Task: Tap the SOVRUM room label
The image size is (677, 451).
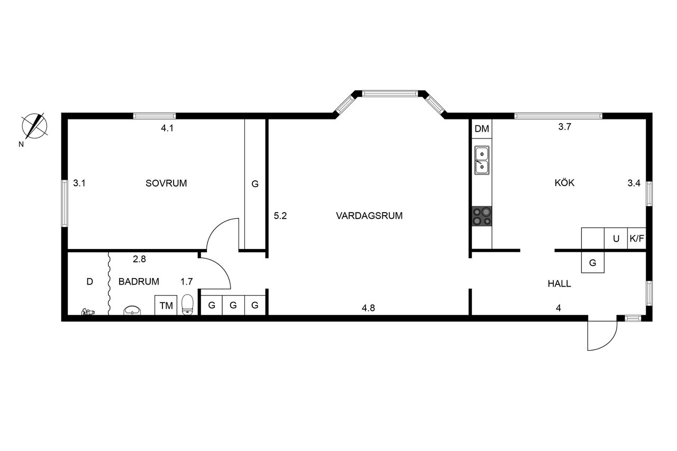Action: click(166, 183)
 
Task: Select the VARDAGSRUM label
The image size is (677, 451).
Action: click(369, 216)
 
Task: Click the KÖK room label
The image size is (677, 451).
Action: click(564, 183)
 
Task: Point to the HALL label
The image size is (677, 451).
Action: click(559, 284)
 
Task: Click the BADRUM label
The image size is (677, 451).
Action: click(139, 282)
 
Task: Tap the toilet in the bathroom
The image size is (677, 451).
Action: click(187, 305)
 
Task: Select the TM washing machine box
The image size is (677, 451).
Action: click(166, 305)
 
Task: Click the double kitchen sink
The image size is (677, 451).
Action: click(482, 160)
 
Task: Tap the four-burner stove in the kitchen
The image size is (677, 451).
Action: click(482, 216)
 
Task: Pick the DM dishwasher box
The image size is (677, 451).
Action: click(482, 129)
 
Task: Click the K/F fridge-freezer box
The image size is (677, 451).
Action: click(637, 238)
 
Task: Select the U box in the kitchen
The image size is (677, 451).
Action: click(616, 238)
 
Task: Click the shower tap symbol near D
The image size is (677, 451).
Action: click(87, 312)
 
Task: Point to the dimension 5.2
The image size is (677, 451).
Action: click(280, 216)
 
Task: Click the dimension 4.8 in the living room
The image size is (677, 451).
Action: click(368, 308)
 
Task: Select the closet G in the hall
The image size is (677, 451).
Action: click(593, 262)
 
